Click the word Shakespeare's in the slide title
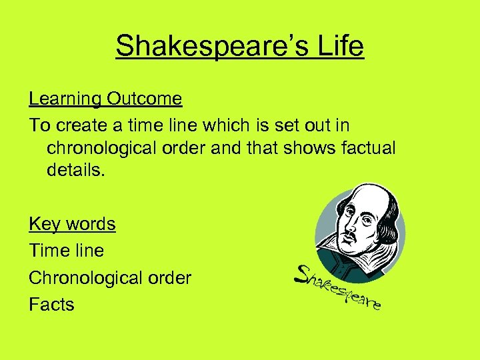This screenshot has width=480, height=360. pos(213,47)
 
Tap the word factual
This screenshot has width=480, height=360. pos(363,147)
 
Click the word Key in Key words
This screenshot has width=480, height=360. pos(43,224)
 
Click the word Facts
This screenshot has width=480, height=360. pos(51,305)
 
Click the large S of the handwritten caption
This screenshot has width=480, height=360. pos(303,274)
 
